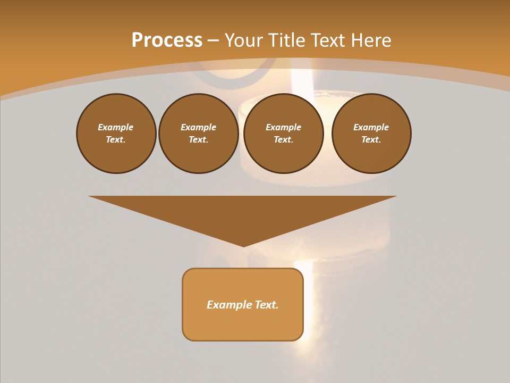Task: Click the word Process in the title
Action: click(167, 40)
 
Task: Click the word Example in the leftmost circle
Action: click(116, 127)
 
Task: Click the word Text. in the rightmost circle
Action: click(371, 139)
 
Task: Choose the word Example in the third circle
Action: click(284, 127)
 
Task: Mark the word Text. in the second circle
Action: click(199, 139)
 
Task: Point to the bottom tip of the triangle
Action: click(243, 246)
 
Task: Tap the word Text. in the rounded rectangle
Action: click(267, 305)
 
